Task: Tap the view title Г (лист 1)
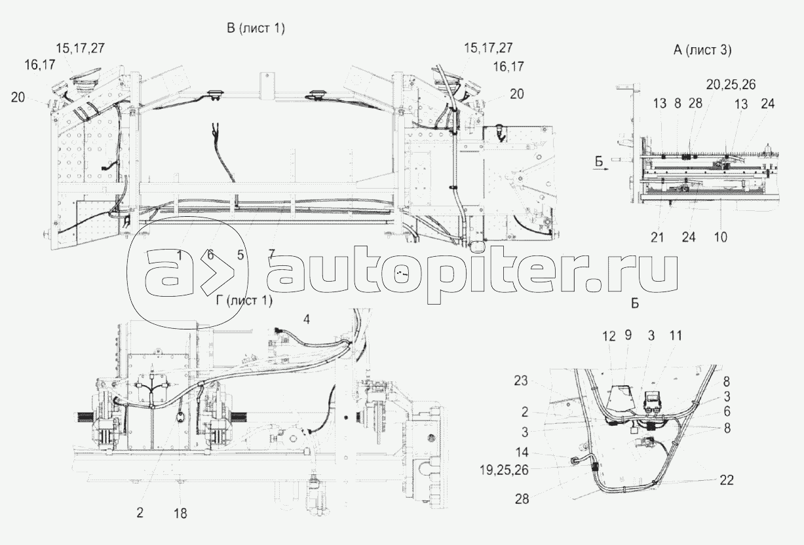(243, 301)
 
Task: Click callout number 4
(306, 319)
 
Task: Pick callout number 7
(271, 254)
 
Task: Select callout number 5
(241, 254)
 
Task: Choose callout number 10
(720, 236)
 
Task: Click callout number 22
(725, 480)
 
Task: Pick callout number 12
(609, 336)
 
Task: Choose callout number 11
(676, 336)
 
